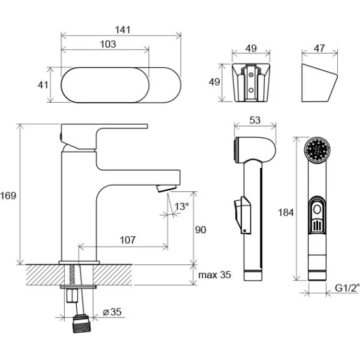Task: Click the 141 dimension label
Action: [122, 30]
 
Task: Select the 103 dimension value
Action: [108, 44]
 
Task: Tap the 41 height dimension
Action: [43, 85]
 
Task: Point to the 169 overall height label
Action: [8, 196]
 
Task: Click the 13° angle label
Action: [182, 207]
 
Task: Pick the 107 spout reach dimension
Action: [127, 240]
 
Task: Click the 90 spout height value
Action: [200, 230]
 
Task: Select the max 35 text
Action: [214, 275]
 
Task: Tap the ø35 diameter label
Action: [112, 312]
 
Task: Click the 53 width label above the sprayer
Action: [255, 120]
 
